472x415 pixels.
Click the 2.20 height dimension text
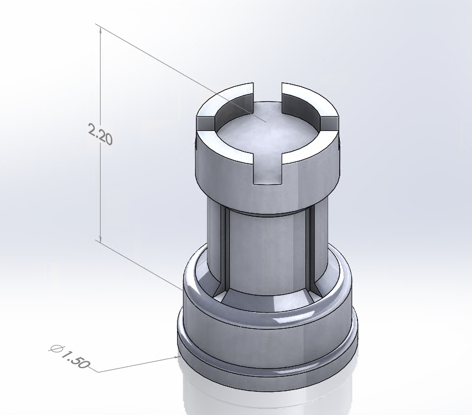pos(101,134)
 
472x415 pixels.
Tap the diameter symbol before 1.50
pos(56,349)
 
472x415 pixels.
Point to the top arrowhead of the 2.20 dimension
pos(101,29)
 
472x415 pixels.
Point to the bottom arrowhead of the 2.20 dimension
pos(101,238)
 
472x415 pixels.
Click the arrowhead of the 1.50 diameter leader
pos(176,358)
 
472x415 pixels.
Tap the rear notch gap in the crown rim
pos(268,92)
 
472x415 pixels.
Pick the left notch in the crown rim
pos(205,123)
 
